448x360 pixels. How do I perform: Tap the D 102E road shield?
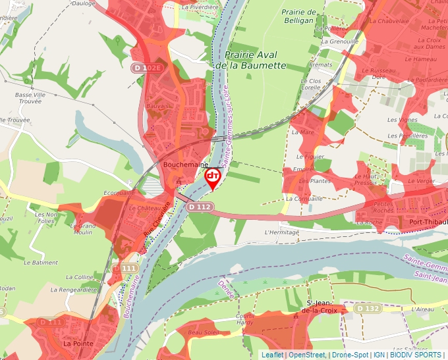pos(146,68)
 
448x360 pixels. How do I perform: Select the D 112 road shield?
pos(199,207)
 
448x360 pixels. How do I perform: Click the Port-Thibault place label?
pos(428,222)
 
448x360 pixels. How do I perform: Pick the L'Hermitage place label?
pos(281,232)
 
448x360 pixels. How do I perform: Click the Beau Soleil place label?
pos(202,333)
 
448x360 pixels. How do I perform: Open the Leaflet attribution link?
pos(273,355)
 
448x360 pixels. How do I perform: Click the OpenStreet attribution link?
pos(306,355)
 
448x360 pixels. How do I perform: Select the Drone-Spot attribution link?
pos(350,355)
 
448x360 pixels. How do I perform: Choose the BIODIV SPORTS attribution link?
pos(416,355)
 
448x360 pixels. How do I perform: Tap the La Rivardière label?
pos(200,7)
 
